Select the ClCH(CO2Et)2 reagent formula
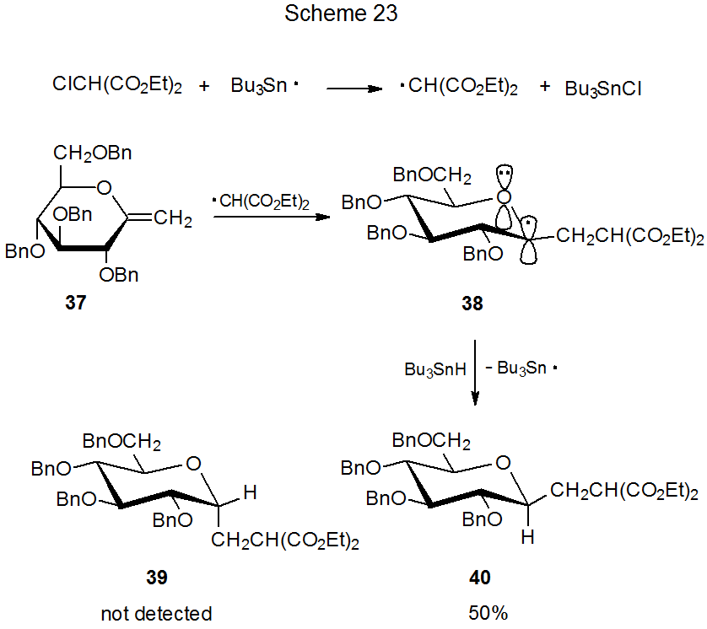click(x=117, y=85)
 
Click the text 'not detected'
click(x=156, y=614)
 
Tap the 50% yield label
click(x=488, y=614)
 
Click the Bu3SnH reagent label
click(x=434, y=369)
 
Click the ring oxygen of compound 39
click(x=193, y=463)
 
